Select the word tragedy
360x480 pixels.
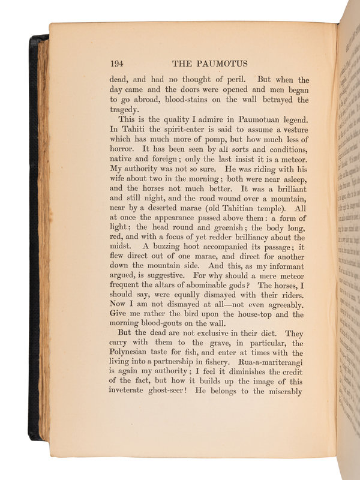[x=127, y=110]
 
